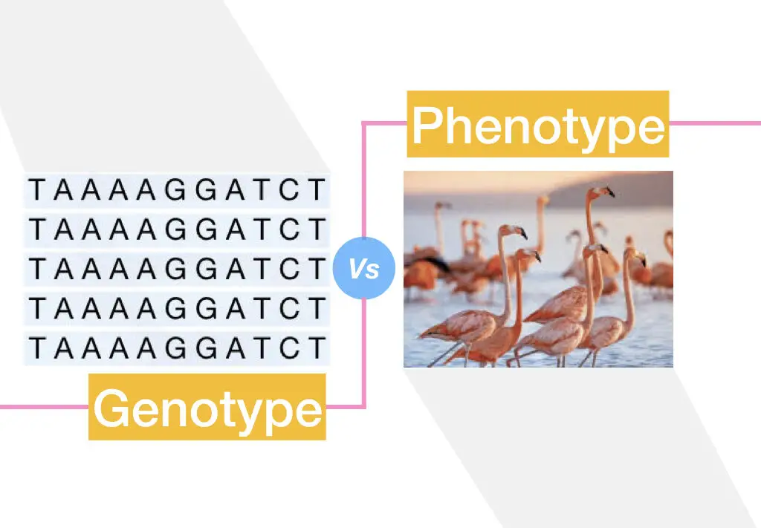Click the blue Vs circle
(x=364, y=267)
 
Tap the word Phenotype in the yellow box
(x=538, y=125)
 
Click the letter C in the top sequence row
(x=289, y=189)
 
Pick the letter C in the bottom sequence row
(x=289, y=348)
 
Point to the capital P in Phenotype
(x=428, y=125)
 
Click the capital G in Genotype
(x=112, y=407)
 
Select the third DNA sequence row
(x=177, y=269)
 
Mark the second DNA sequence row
(x=177, y=229)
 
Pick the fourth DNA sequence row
(x=177, y=308)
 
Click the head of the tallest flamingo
(x=602, y=192)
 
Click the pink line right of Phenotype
(x=715, y=123)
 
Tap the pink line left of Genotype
(x=44, y=406)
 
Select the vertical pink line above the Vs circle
(x=364, y=180)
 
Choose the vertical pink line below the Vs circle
(x=364, y=352)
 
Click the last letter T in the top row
(x=317, y=189)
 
